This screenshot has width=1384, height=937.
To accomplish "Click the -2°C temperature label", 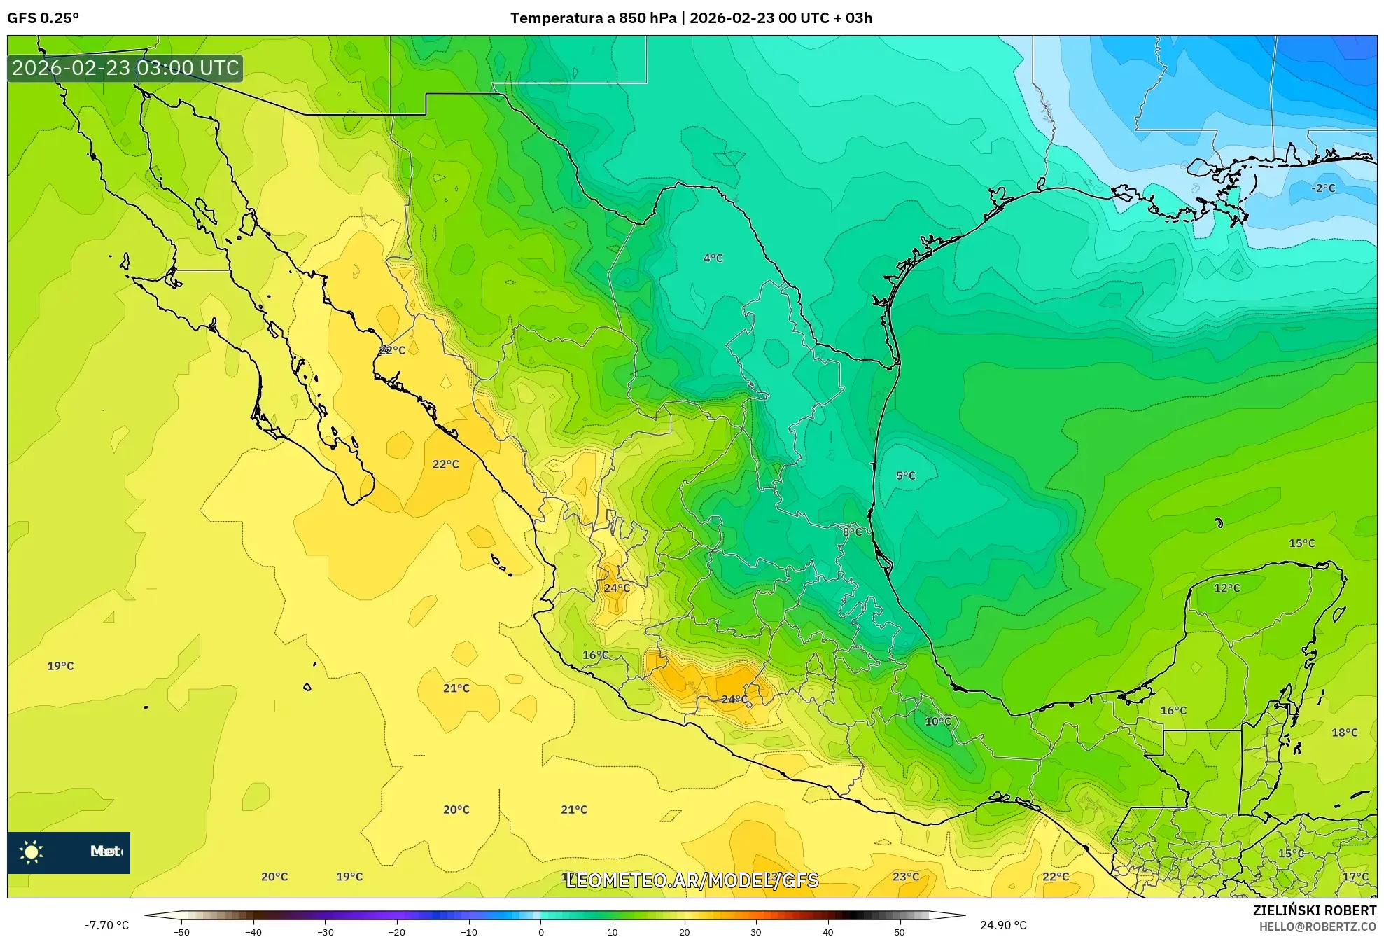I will coord(1322,188).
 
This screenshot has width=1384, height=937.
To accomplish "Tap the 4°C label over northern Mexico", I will coord(713,258).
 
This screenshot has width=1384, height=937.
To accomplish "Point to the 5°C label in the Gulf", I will coord(905,476).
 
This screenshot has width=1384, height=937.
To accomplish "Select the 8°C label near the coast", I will coord(852,532).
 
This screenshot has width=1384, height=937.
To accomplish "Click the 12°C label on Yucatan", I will coord(1226,588).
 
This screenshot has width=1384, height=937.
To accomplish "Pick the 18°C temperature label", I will coord(1344,733).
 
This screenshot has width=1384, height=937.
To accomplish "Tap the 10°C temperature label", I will coord(938,721).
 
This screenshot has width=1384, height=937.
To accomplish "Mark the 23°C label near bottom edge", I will coord(905,877).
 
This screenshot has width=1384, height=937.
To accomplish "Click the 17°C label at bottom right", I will coord(1355,877).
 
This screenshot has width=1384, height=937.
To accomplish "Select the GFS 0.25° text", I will coord(43,18).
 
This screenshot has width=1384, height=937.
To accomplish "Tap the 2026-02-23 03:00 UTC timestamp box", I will coord(125,68).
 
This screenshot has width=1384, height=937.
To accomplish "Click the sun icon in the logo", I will coord(32,852).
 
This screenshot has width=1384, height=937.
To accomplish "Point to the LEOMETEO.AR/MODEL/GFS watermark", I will coord(692,880).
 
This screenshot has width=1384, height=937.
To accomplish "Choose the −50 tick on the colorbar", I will coord(181,932).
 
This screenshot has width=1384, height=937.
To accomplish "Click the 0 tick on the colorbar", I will coord(540,932).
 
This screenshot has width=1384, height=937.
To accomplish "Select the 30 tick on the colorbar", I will coord(755,932).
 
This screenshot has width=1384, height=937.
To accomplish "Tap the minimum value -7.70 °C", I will coord(106,925).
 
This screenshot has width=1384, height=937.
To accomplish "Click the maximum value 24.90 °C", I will coord(1002,925).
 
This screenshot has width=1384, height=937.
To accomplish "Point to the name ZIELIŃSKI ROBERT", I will coord(1314,910).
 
